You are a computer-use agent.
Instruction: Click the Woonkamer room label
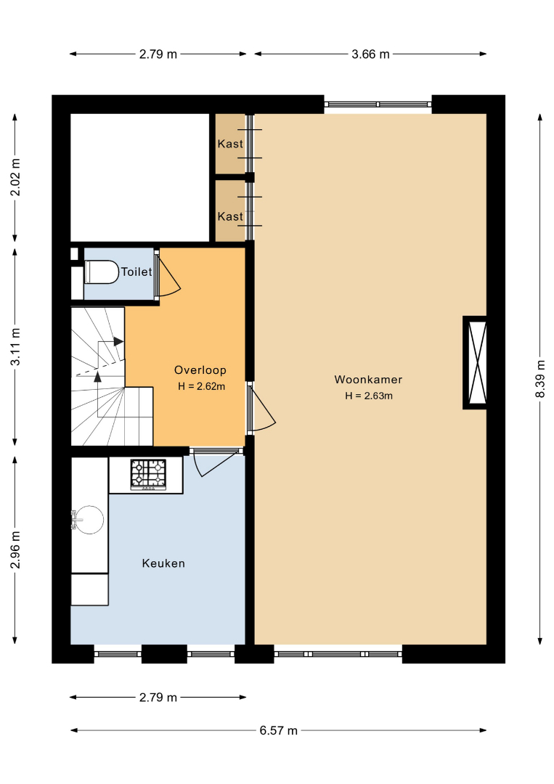(368, 380)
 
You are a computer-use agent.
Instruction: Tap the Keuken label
(163, 563)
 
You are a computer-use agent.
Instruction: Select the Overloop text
(200, 370)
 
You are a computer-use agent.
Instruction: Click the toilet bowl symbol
(102, 272)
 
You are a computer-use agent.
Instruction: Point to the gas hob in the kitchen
(149, 475)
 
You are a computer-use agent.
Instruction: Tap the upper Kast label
(230, 144)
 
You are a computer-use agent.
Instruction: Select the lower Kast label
(230, 216)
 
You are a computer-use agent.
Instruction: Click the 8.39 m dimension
(540, 379)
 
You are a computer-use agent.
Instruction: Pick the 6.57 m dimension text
(279, 730)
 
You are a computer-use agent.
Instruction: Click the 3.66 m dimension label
(370, 54)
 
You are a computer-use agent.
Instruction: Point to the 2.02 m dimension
(15, 178)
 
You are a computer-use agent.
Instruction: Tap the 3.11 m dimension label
(15, 346)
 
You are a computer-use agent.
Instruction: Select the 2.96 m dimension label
(15, 550)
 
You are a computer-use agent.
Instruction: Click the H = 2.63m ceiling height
(369, 396)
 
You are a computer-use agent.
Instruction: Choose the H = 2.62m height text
(202, 386)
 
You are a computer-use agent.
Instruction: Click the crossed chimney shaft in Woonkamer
(478, 362)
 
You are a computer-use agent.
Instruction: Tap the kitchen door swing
(215, 462)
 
